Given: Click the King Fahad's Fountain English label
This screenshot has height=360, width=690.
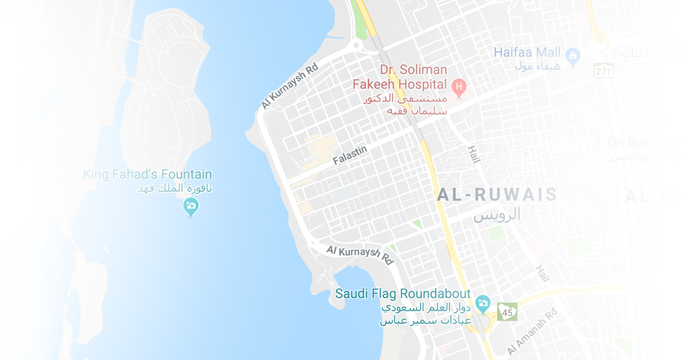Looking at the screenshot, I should [147, 174].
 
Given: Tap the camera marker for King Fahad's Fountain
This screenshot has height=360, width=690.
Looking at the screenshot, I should [190, 207].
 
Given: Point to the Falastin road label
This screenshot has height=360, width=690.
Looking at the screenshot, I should [349, 155].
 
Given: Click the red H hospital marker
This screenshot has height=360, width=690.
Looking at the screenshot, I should [458, 88].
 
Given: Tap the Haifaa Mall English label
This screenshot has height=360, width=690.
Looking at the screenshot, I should [527, 52].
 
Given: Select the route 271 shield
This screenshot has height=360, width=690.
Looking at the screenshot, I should [603, 71].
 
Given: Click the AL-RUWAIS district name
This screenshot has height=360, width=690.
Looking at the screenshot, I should [497, 195].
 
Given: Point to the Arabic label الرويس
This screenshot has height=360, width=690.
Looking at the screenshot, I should [497, 214].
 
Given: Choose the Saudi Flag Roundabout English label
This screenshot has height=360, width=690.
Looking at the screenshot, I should [403, 294].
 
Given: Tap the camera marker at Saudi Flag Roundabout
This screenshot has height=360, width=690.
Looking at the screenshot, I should [483, 304].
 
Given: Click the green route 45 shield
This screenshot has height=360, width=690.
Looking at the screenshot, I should [507, 311].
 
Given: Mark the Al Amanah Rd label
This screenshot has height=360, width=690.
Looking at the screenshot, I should [532, 332].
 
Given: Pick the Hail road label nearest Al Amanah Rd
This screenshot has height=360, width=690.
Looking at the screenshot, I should [542, 273].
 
